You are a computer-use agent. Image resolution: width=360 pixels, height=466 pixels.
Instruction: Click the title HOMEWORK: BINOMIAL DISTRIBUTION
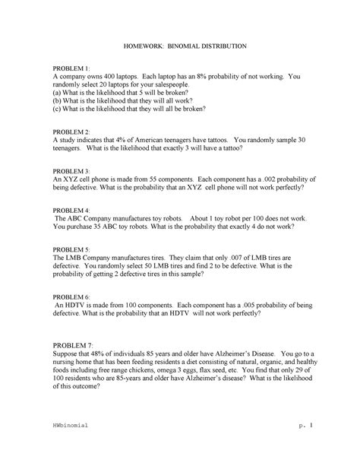tap(180, 46)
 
